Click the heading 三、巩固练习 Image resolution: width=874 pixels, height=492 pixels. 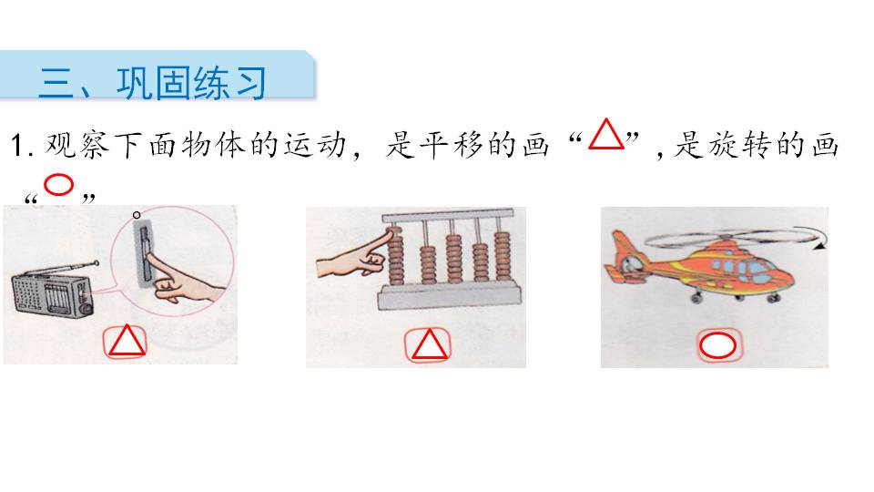152,82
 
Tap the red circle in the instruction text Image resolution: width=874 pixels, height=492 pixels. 59,186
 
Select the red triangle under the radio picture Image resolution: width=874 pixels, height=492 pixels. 127,342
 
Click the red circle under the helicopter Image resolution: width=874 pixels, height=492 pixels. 717,345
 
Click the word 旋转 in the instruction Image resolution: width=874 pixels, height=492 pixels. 744,146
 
